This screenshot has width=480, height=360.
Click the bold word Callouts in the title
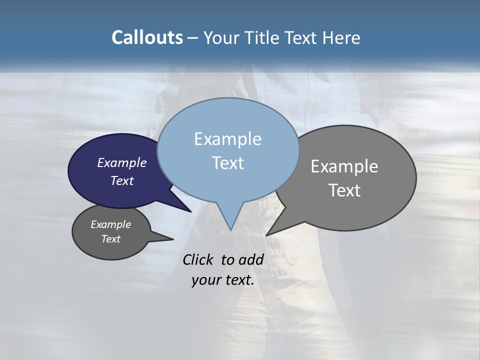[x=147, y=37]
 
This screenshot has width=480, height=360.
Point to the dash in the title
[x=193, y=38]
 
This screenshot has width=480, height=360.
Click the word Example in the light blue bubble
[x=227, y=139]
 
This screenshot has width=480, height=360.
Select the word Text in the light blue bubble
[x=228, y=163]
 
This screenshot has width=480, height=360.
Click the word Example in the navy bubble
[x=122, y=162]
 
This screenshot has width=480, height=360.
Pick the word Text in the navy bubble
[x=122, y=180]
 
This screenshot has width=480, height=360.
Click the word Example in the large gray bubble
[x=344, y=166]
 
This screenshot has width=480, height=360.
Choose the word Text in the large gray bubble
[x=344, y=190]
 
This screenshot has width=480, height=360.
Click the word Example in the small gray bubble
[x=111, y=224]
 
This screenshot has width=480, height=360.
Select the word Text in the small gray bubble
[x=111, y=239]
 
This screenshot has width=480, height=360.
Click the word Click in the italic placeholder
[x=199, y=259]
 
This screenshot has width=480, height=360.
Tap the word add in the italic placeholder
[x=251, y=259]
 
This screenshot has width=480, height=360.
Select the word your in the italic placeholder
[x=205, y=280]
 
